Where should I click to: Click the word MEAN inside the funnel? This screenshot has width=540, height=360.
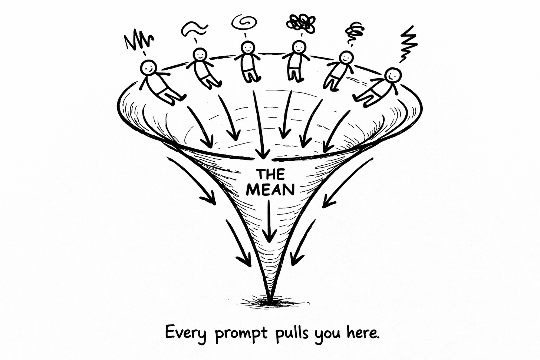(x=270, y=189)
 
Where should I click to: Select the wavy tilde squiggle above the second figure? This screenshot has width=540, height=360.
(x=194, y=28)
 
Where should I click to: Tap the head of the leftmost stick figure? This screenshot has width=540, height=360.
(x=149, y=68)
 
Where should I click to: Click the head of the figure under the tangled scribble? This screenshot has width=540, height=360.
(x=299, y=47)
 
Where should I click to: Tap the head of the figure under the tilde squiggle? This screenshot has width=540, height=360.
(x=200, y=56)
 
